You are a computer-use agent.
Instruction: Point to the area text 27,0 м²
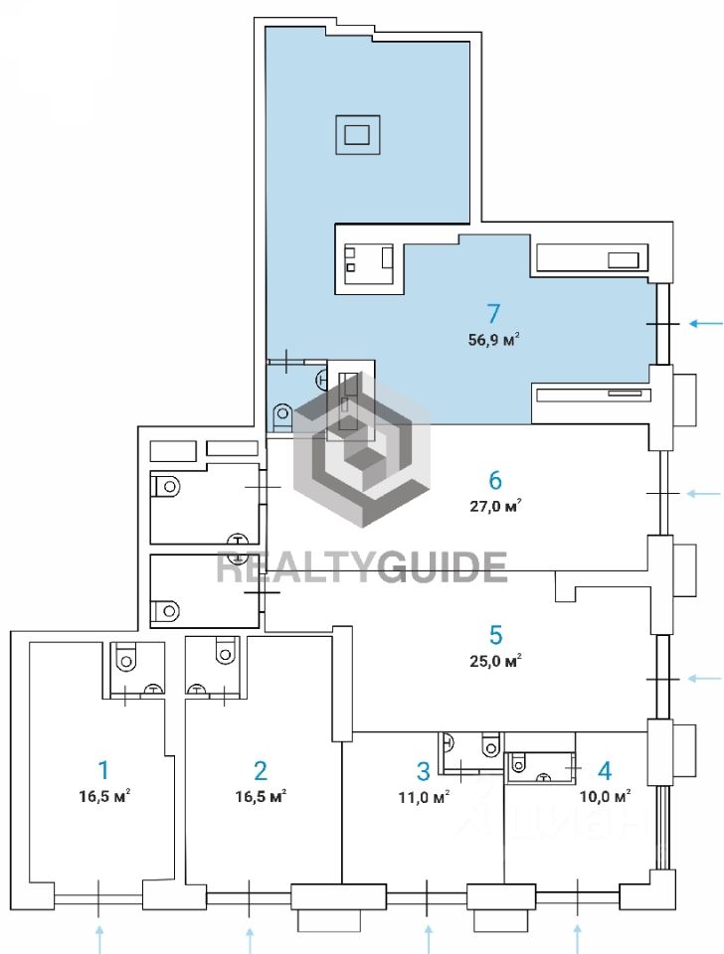(495, 506)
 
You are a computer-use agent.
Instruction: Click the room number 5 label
(496, 634)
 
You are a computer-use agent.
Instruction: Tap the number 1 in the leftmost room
(102, 769)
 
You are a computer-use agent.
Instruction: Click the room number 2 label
(260, 769)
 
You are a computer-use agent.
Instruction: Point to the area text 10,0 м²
(606, 796)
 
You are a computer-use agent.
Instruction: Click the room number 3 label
(423, 770)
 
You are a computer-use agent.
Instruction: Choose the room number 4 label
(605, 769)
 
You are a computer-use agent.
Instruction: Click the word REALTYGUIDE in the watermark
(362, 566)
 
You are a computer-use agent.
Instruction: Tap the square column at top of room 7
(356, 132)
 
